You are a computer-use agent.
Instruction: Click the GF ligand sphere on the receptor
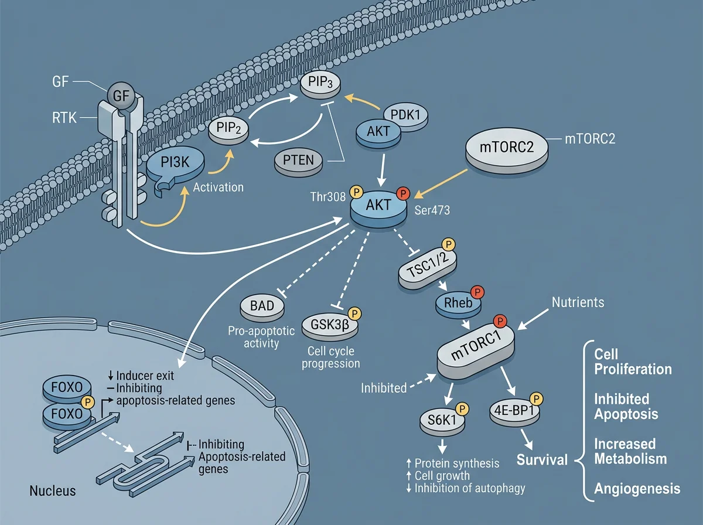121,96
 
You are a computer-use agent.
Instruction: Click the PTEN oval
299,162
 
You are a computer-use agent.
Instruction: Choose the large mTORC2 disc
507,151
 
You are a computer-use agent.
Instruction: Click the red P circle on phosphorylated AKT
403,193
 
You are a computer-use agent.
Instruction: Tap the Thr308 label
328,197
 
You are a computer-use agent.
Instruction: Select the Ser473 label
432,210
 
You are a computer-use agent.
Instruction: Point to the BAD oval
262,308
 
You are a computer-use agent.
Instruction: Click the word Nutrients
578,302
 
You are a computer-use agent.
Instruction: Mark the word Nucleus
53,491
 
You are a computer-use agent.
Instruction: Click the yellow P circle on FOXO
88,402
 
